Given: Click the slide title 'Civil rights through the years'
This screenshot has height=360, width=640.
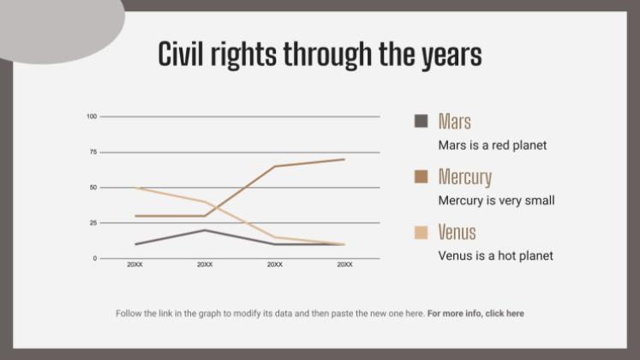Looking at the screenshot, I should click(x=320, y=54).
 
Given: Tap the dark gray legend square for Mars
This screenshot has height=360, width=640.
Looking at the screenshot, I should click(x=421, y=121).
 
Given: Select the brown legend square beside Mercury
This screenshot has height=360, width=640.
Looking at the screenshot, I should click(x=421, y=177).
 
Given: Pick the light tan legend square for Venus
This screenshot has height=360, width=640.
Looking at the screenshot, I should click(x=421, y=232).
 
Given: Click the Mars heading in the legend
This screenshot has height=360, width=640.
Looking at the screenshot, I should click(x=454, y=121).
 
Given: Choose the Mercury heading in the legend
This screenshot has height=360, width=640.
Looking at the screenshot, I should click(x=464, y=177).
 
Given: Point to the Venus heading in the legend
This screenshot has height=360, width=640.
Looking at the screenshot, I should click(x=457, y=232).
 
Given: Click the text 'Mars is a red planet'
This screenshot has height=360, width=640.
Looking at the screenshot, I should click(x=492, y=146).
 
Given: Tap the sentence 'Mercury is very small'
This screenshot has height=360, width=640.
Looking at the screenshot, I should click(x=496, y=201).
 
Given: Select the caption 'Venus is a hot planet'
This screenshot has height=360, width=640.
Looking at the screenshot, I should click(x=495, y=255).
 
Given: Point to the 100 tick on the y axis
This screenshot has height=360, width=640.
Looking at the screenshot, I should click(x=92, y=117).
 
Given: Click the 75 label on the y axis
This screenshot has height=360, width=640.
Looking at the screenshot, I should click(x=93, y=152).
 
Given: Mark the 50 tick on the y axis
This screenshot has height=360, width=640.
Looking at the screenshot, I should click(x=93, y=187).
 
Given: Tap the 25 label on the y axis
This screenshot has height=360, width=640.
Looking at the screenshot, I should click(x=93, y=223).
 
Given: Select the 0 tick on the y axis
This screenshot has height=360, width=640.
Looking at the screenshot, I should click(x=95, y=258).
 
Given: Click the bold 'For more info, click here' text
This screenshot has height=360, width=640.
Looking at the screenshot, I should click(x=476, y=314).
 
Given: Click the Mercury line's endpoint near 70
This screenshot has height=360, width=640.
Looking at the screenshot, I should click(x=344, y=159).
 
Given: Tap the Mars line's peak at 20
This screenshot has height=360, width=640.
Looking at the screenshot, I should click(x=205, y=230).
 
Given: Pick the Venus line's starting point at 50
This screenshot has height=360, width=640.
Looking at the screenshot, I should click(x=135, y=188).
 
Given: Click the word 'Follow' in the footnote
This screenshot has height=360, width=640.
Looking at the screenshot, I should click(x=129, y=314).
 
